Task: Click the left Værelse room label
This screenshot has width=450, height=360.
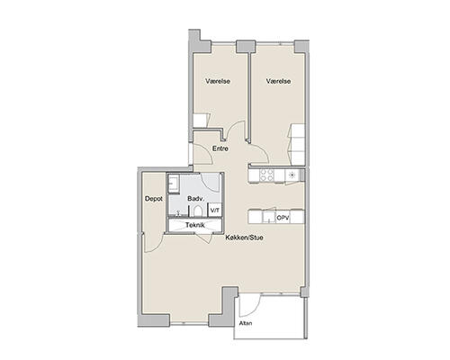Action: (218, 81)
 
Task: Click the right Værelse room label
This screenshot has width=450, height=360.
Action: (278, 81)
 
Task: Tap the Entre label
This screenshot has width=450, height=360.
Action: (220, 148)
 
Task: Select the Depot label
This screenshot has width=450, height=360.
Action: (154, 199)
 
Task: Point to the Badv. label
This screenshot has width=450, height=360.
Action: (196, 199)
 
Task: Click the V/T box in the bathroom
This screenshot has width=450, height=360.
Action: (215, 210)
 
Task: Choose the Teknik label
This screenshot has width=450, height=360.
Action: (195, 225)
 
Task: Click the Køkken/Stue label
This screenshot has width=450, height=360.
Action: (245, 238)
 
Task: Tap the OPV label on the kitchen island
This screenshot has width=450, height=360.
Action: (283, 218)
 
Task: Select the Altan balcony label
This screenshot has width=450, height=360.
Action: (246, 323)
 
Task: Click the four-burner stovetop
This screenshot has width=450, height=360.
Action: (266, 175)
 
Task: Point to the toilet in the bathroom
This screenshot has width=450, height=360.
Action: (198, 211)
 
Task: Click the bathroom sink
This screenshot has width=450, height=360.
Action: (173, 183)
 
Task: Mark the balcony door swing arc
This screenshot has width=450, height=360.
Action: (250, 306)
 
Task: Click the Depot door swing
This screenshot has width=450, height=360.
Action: (153, 242)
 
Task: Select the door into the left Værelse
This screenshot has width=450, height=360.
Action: (236, 130)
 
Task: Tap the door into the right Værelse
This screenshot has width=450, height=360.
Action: (258, 153)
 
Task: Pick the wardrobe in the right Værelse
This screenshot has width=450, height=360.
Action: (298, 144)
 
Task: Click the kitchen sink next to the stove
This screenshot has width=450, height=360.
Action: (292, 175)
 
